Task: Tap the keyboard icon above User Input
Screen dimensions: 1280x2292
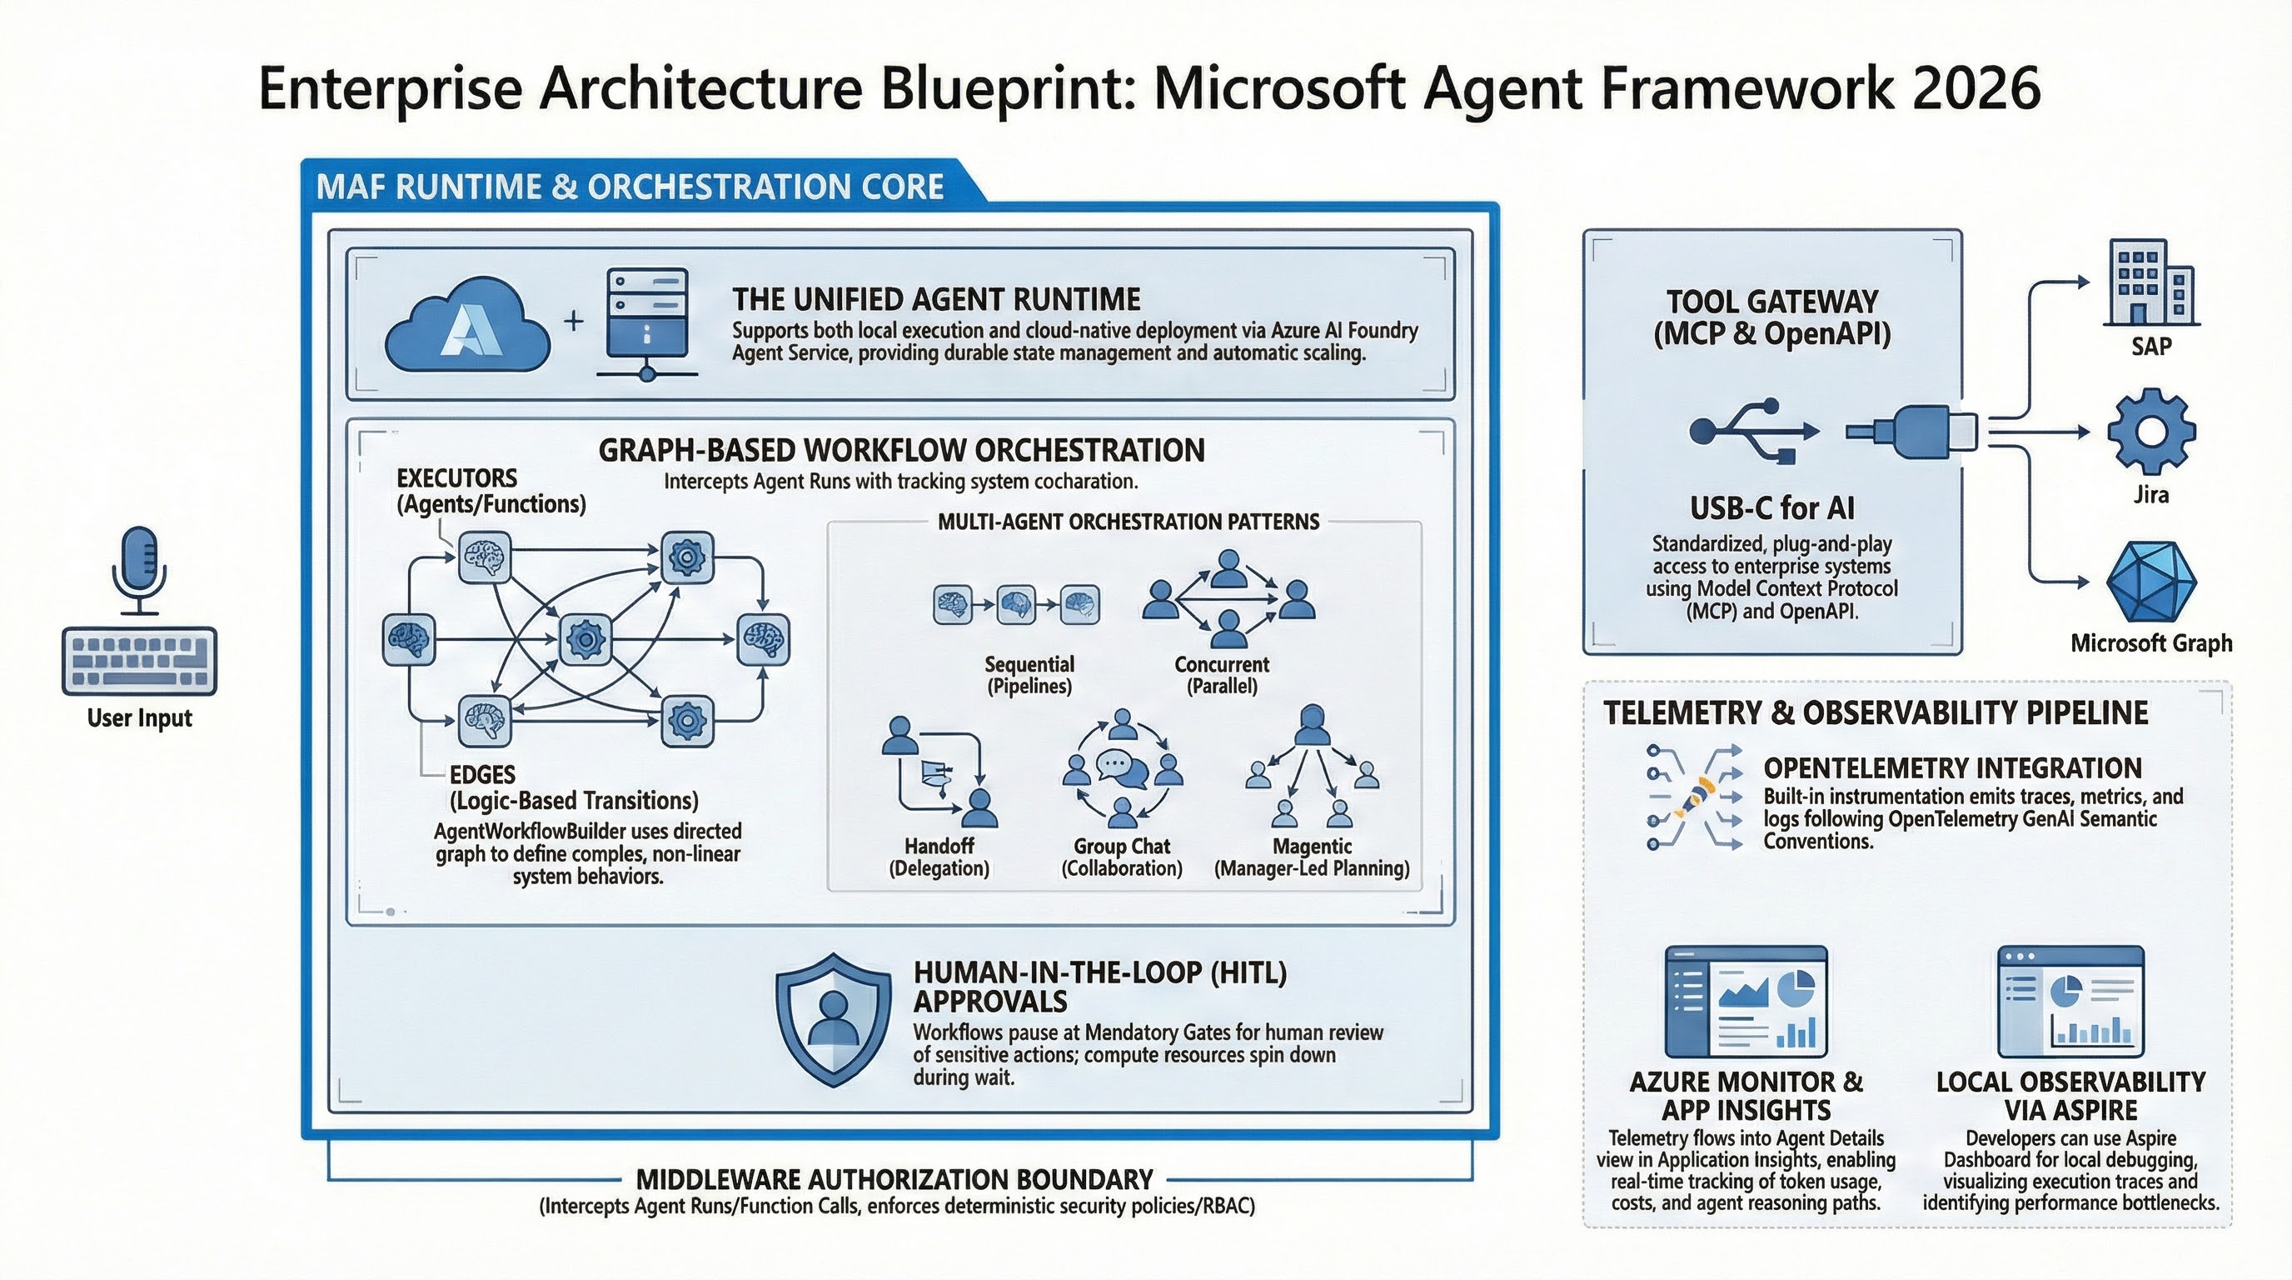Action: click(139, 662)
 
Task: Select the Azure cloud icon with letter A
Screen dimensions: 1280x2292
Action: click(466, 324)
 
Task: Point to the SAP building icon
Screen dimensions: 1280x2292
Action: click(2150, 282)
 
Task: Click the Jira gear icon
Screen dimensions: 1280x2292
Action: click(2150, 431)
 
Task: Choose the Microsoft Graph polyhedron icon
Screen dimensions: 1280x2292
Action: click(2150, 582)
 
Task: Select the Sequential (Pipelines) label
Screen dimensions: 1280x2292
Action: click(1029, 675)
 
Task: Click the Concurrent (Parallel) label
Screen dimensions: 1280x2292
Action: click(1222, 675)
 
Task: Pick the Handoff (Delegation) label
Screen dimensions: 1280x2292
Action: click(939, 857)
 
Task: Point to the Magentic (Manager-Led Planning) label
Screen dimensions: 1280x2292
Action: click(1312, 857)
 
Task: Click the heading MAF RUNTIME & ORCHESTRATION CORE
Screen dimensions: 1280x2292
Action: click(630, 187)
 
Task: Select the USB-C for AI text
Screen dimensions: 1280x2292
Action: click(1771, 508)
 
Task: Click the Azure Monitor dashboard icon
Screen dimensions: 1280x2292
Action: click(1746, 1002)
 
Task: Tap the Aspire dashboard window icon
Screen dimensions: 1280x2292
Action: click(2070, 1002)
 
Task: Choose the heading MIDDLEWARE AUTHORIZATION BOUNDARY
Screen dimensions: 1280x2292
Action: click(894, 1179)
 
